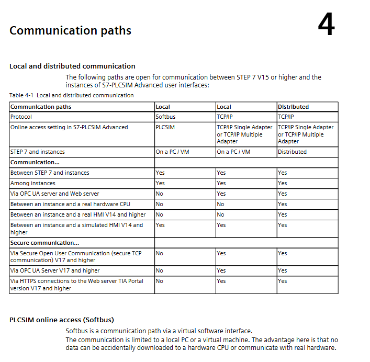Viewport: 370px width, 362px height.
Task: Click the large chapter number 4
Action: pyautogui.click(x=326, y=25)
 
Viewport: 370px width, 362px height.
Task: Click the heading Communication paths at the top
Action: pyautogui.click(x=70, y=30)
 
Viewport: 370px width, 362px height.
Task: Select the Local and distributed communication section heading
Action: pyautogui.click(x=72, y=66)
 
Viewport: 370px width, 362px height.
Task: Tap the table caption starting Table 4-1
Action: pyautogui.click(x=71, y=95)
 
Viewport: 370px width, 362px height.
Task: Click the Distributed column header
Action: pyautogui.click(x=293, y=107)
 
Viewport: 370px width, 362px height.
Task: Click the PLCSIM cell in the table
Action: pyautogui.click(x=165, y=127)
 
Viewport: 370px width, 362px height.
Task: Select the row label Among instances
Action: pyautogui.click(x=33, y=183)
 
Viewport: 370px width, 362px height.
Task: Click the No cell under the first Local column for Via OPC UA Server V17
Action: pyautogui.click(x=160, y=270)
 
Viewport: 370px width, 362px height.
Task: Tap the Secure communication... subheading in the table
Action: pyautogui.click(x=45, y=243)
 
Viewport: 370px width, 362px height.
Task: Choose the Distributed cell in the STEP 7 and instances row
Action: pyautogui.click(x=292, y=152)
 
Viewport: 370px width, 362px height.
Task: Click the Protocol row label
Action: pyautogui.click(x=21, y=117)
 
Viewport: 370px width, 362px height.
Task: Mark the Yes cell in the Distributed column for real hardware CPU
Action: pyautogui.click(x=283, y=204)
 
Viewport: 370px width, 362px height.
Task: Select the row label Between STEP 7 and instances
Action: pyautogui.click(x=50, y=173)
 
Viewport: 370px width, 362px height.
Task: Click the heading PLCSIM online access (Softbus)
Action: pyautogui.click(x=62, y=320)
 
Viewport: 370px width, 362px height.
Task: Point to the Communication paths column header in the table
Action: pyautogui.click(x=41, y=107)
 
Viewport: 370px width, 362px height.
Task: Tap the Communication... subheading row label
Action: pyautogui.click(x=35, y=162)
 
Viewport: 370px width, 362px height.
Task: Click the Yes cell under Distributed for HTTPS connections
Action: pyautogui.click(x=283, y=281)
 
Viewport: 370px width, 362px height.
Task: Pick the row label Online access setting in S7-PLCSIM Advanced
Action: pyautogui.click(x=69, y=127)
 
